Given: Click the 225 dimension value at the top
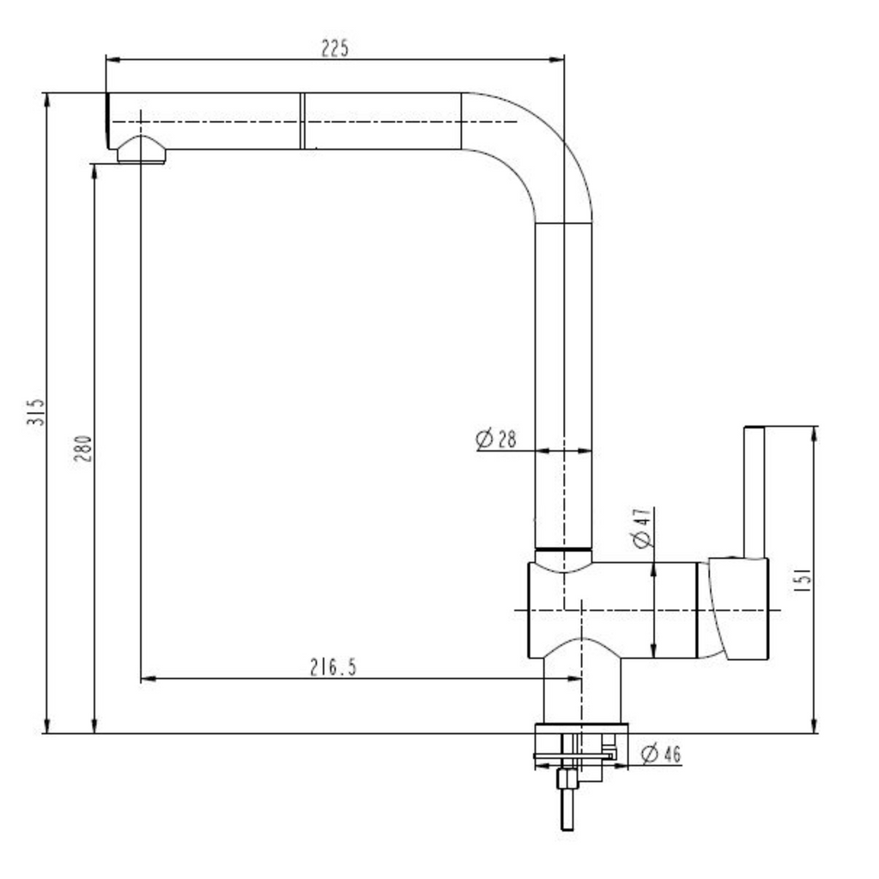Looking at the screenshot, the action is (335, 49).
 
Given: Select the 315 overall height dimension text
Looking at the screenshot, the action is (35, 412).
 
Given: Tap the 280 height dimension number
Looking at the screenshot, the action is (82, 448).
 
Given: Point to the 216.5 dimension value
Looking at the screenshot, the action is (333, 667).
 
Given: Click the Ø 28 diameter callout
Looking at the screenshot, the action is (495, 439).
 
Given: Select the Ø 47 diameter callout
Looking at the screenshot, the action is (642, 528).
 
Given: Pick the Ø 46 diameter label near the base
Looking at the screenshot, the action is (661, 754).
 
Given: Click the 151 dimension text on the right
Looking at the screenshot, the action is (803, 580).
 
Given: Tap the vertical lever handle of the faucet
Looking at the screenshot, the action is (754, 492).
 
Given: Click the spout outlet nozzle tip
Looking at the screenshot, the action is (141, 150).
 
